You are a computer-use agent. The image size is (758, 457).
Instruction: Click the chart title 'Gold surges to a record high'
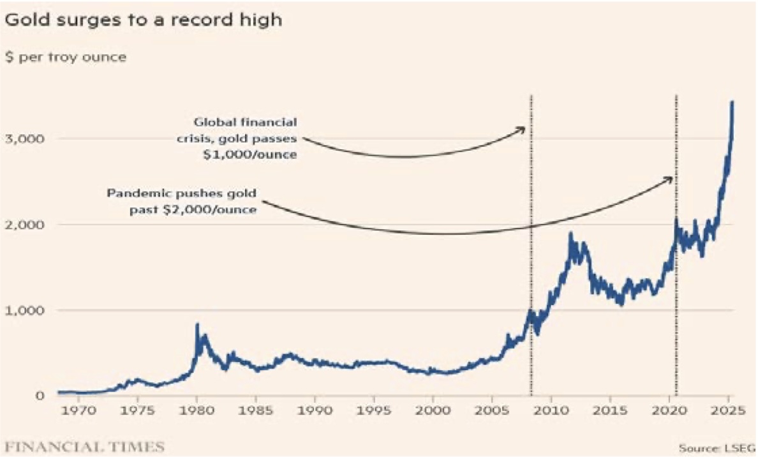click(x=143, y=20)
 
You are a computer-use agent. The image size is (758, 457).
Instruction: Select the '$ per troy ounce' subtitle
click(x=66, y=57)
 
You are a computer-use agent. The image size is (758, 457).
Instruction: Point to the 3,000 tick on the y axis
click(x=22, y=139)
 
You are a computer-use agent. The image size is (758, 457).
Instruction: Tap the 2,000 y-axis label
click(x=22, y=225)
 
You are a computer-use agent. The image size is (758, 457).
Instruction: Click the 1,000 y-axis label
click(x=22, y=310)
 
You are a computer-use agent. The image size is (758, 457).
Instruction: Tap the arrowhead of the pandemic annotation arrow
click(x=671, y=179)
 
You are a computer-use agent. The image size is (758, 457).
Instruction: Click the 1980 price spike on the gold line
click(x=197, y=325)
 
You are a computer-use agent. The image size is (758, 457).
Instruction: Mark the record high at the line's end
click(x=732, y=102)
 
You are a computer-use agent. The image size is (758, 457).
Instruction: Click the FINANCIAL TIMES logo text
click(x=84, y=446)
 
